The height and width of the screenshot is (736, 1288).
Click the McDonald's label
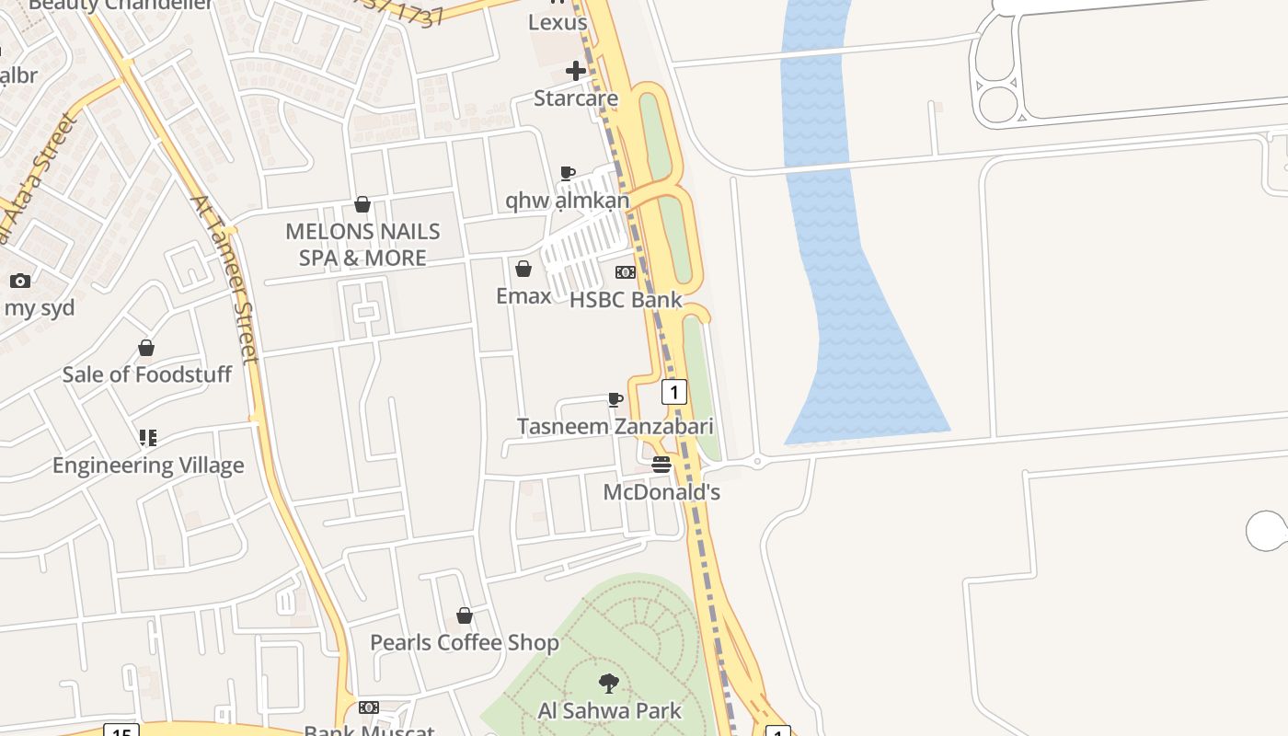tap(661, 492)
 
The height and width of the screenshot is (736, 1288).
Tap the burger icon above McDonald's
tap(661, 465)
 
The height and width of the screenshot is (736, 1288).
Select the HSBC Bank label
tap(626, 300)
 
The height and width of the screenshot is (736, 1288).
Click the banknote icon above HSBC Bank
tap(626, 272)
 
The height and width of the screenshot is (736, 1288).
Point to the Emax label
tap(523, 295)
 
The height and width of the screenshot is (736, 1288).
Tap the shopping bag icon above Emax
tap(523, 269)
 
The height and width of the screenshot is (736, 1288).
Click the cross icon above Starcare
tap(576, 71)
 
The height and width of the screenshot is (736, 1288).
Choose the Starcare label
tap(576, 98)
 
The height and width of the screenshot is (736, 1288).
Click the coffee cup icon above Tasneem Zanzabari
tap(615, 399)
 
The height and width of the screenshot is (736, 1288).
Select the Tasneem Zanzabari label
tap(615, 427)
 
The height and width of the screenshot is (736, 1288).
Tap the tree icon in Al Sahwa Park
tap(608, 684)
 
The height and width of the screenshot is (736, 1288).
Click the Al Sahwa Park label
tap(609, 711)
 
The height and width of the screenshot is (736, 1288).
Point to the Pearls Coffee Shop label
tap(464, 642)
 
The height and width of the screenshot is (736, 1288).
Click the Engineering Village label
tap(148, 466)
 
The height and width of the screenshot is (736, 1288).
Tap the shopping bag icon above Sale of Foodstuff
tap(146, 348)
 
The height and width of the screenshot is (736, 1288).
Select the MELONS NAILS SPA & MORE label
tap(362, 245)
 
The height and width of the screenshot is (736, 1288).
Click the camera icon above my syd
tap(20, 281)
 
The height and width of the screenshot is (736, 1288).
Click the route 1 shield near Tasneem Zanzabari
tap(674, 393)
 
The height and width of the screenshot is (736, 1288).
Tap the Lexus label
tap(558, 22)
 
